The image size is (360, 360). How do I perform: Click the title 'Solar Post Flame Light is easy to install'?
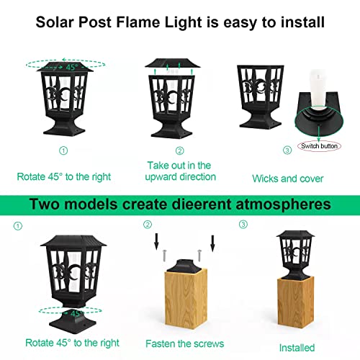click(x=180, y=22)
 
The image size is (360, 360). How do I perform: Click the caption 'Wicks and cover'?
click(x=287, y=178)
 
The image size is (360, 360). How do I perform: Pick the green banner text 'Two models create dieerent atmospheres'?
click(x=180, y=204)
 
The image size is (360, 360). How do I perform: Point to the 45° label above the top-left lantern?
click(x=71, y=66)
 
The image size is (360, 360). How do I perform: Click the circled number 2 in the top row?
click(x=180, y=150)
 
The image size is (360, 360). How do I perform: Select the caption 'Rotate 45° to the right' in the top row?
click(x=64, y=175)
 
